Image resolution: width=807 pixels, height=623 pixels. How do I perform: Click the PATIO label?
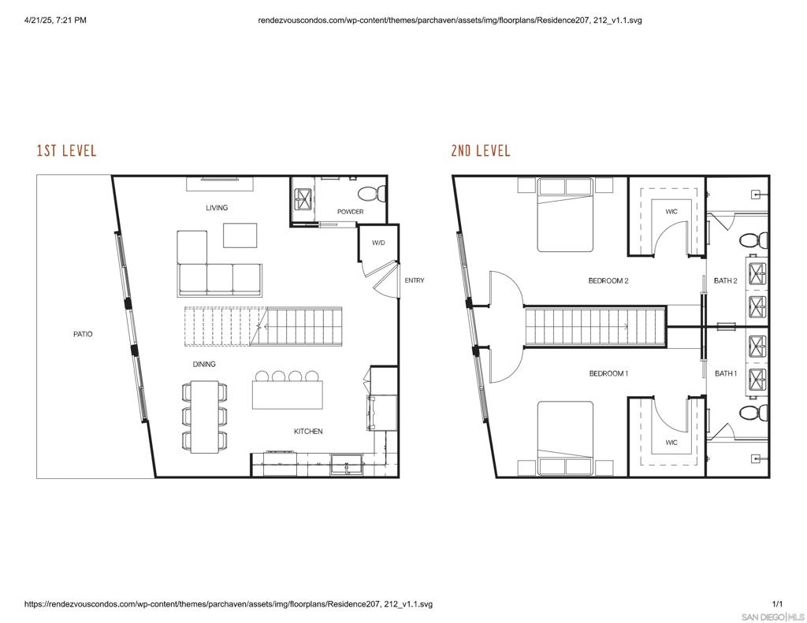click(83, 335)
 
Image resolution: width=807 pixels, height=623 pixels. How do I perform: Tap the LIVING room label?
click(217, 208)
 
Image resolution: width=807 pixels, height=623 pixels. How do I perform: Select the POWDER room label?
click(351, 211)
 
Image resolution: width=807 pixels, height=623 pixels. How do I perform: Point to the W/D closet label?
click(378, 243)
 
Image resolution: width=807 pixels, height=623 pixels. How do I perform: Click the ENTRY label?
click(415, 280)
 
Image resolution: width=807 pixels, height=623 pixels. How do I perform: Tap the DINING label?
click(204, 364)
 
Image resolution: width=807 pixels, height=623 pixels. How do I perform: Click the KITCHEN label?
click(308, 432)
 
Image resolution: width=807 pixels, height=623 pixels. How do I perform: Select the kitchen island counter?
click(287, 395)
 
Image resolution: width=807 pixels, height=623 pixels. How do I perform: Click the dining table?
click(205, 417)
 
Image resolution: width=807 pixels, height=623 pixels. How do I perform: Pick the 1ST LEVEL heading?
click(66, 150)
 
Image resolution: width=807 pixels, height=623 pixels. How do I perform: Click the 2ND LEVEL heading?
click(481, 150)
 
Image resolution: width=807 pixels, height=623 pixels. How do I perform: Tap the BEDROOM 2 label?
click(608, 281)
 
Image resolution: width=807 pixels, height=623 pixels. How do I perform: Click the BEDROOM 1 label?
click(608, 373)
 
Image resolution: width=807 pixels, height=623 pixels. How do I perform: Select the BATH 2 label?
click(726, 281)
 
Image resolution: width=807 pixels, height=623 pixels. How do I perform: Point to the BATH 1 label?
click(726, 373)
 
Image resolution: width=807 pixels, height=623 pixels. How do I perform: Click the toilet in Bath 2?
click(753, 240)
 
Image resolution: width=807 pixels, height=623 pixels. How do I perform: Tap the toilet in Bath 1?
click(753, 413)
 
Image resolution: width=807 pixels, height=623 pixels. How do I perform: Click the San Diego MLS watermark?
click(772, 617)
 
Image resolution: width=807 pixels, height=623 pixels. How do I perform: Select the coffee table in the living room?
click(240, 235)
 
